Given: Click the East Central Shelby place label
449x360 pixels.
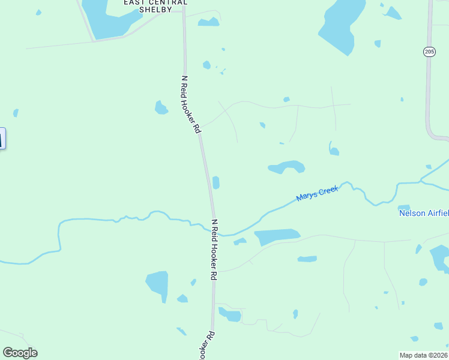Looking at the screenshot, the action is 155,6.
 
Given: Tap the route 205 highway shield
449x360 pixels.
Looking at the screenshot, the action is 429,52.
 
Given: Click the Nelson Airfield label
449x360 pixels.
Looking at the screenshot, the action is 424,213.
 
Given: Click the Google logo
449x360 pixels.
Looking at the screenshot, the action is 20,353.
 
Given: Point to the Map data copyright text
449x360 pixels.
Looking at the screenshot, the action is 424,355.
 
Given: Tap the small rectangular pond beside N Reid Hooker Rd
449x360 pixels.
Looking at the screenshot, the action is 215,182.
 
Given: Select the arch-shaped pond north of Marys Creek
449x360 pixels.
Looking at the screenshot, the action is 287,166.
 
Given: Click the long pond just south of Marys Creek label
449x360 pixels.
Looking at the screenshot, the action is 277,236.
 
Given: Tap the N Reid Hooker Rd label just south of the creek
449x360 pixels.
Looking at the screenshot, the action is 214,250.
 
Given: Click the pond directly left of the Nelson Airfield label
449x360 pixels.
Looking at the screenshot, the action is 403,208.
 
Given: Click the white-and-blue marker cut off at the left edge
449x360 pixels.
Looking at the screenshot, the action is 2,138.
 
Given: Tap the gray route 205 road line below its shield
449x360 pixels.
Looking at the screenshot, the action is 428,96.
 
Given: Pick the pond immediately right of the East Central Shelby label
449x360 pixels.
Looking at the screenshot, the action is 209,23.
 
